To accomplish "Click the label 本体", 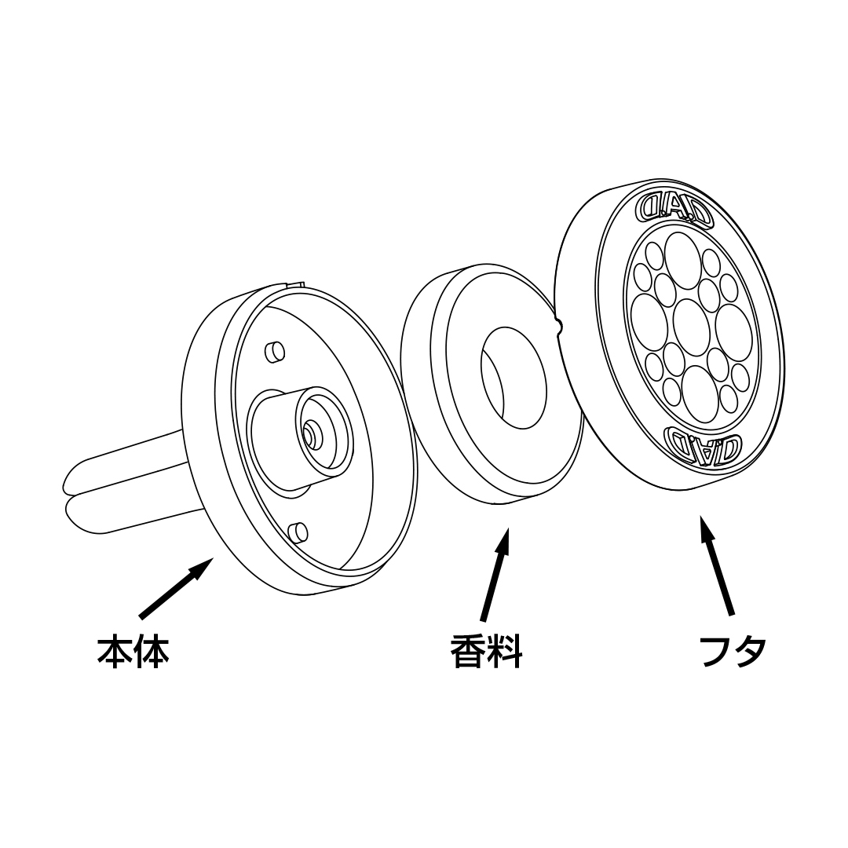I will tap(133, 651).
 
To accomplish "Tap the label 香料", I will tap(487, 651).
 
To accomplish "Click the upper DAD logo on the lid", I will tap(674, 207).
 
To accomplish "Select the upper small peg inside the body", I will tap(275, 352).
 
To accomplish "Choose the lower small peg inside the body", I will tap(298, 532).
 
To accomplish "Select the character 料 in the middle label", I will tap(505, 651).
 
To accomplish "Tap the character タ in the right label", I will tap(750, 651).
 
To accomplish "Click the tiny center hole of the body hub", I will tap(309, 429).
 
